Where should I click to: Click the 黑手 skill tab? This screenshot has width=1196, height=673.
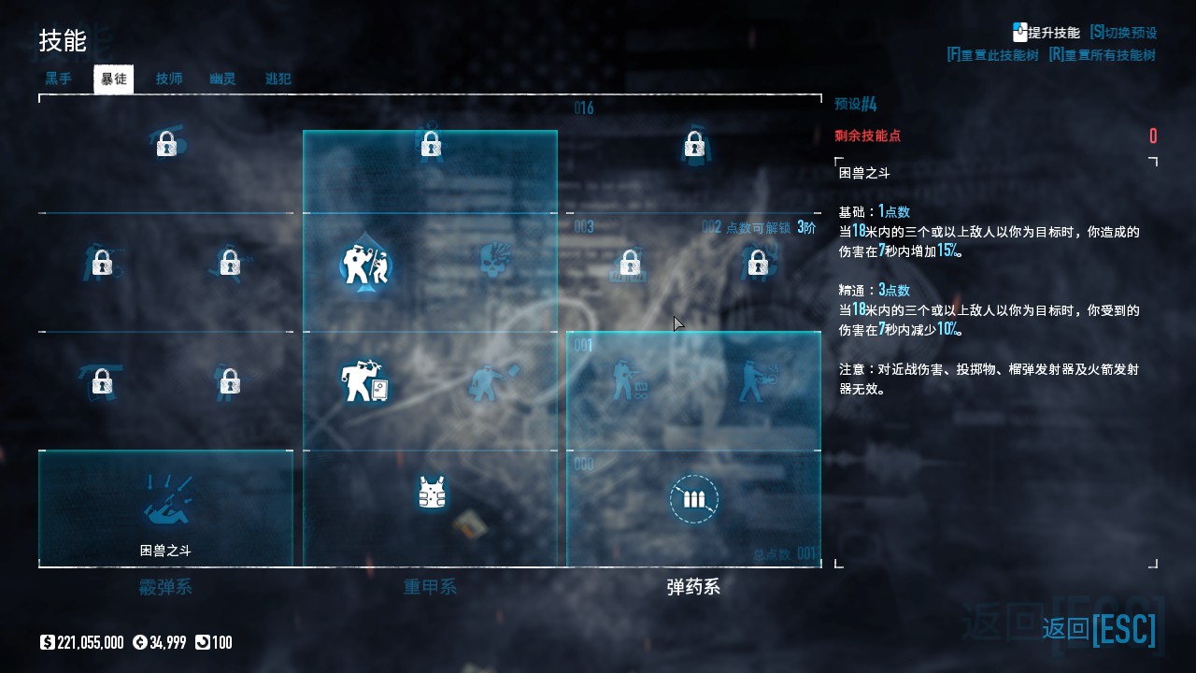click(x=58, y=79)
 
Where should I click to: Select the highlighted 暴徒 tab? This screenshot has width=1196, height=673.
click(x=114, y=79)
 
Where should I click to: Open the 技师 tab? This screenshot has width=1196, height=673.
click(x=169, y=79)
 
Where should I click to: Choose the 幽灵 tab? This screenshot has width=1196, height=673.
click(x=222, y=79)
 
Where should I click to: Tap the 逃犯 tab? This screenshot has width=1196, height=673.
click(x=278, y=79)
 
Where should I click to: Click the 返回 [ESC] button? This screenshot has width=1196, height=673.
click(x=1099, y=629)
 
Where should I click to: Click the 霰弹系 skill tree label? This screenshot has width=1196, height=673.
click(x=165, y=587)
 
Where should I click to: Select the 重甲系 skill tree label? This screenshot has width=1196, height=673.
click(x=430, y=587)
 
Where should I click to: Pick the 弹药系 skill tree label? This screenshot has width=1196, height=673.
click(x=693, y=587)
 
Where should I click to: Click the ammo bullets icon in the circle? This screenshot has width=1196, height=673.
click(x=694, y=499)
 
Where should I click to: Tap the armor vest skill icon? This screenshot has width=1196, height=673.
click(x=431, y=493)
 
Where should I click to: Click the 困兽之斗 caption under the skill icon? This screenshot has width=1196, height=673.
click(x=165, y=551)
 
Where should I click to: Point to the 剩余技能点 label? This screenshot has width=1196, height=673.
click(x=867, y=136)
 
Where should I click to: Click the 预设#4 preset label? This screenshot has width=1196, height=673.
click(x=855, y=104)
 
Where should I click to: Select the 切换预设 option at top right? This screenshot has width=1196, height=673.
click(x=1123, y=33)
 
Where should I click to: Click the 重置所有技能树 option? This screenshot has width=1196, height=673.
click(x=1103, y=55)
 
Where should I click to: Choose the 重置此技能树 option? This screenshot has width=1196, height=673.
click(x=992, y=55)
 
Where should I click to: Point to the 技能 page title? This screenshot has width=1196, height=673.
click(x=63, y=41)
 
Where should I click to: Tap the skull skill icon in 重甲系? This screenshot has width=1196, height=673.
click(x=496, y=263)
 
